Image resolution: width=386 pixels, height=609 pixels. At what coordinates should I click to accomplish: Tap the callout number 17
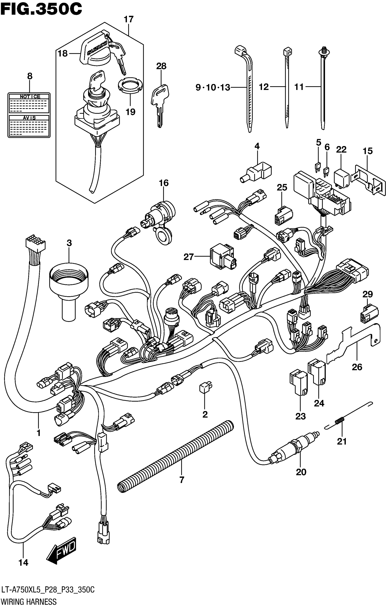(x=129, y=20)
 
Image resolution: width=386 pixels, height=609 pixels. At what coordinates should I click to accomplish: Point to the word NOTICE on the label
(x=30, y=97)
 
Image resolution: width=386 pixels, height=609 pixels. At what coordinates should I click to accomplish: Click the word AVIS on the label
(x=29, y=118)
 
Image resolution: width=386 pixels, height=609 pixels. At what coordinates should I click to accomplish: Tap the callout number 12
(x=264, y=87)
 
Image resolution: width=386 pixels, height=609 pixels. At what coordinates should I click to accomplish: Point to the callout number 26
(x=357, y=367)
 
